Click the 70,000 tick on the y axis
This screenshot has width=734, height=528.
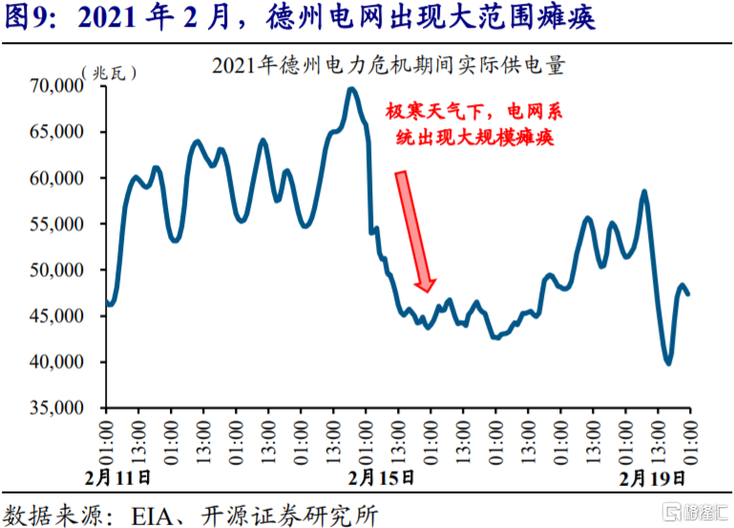pyautogui.click(x=59, y=86)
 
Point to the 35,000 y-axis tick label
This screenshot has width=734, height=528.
pyautogui.click(x=59, y=408)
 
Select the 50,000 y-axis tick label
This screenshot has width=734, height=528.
pyautogui.click(x=59, y=270)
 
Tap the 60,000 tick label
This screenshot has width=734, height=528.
pyautogui.click(x=59, y=178)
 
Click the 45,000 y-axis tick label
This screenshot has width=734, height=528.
pyautogui.click(x=59, y=316)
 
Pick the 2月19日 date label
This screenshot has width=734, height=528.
pyautogui.click(x=652, y=476)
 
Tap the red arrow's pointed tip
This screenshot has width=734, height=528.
pyautogui.click(x=429, y=289)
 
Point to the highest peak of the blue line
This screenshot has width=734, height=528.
pyautogui.click(x=351, y=89)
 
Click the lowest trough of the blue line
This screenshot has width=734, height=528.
pyautogui.click(x=668, y=363)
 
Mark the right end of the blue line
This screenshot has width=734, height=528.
pyautogui.click(x=689, y=294)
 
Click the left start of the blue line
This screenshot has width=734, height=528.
pyautogui.click(x=107, y=304)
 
